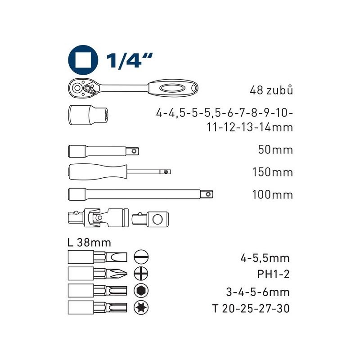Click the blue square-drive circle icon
pos(83,60)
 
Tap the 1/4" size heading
pos(129,60)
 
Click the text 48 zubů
pos(271,90)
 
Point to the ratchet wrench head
pos(84,88)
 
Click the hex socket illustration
pos(88,115)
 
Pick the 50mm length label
pos(275,150)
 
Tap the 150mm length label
pos(273,172)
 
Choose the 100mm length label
pos(273,195)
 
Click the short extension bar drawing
pos(103,151)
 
